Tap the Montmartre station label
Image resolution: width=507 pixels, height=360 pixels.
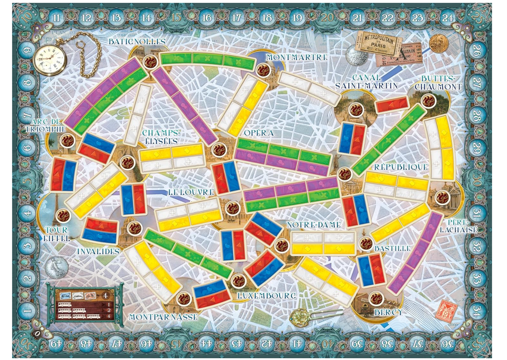[x=297, y=57]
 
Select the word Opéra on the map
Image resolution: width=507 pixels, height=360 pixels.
[x=259, y=133]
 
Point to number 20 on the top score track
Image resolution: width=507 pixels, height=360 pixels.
[x=327, y=17]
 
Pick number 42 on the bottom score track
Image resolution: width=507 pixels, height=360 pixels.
[x=267, y=343]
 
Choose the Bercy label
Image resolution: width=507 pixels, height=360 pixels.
[x=388, y=312]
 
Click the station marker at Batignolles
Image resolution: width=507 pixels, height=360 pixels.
[x=150, y=62]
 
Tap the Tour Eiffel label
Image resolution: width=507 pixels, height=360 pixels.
[x=56, y=234]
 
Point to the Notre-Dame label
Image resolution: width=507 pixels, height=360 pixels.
[x=314, y=225]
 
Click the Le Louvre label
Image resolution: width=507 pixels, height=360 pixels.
[x=191, y=192]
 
